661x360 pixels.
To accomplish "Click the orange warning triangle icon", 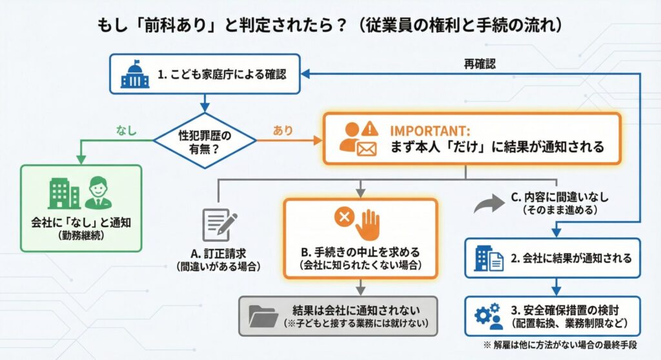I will pos(371,128).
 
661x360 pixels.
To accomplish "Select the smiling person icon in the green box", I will pos(99,192).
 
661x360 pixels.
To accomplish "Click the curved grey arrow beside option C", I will pos(488,205).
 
